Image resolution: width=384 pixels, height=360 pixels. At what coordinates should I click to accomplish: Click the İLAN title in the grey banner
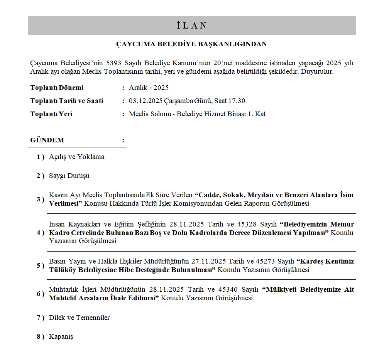pos(192,25)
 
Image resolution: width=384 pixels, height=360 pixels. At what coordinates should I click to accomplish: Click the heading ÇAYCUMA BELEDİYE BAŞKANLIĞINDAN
pos(192,44)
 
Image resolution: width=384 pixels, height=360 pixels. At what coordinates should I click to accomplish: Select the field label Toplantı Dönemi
pos(57,88)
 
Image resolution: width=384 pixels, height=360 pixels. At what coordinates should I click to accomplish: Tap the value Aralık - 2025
pos(149,88)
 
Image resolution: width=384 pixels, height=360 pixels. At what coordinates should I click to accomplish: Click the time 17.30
pos(237,101)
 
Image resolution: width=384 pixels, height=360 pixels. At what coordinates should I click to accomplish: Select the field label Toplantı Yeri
pos(51,114)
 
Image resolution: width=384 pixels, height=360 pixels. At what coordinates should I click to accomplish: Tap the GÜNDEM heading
pos(47,140)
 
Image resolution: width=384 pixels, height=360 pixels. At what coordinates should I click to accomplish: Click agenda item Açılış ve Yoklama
pos(76,157)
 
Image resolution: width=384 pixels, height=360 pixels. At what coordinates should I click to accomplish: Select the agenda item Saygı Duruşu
pos(69,176)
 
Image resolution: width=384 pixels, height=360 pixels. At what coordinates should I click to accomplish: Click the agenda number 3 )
pos(41,199)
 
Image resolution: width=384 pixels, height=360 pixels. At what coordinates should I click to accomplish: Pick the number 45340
pos(229,290)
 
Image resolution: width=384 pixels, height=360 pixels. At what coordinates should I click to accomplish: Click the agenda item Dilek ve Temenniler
pos(79,318)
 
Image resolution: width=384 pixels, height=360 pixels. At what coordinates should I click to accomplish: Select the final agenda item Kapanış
pos(61,337)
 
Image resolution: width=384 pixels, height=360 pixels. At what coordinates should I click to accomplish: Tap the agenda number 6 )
pos(41,294)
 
